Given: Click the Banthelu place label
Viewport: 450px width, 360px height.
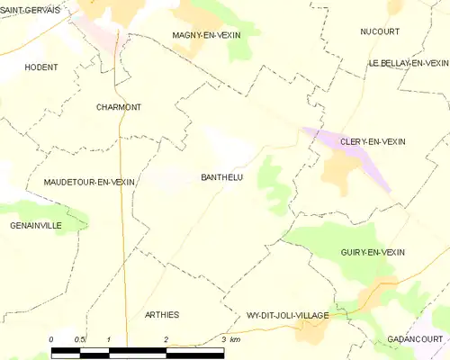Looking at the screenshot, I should click(x=219, y=177).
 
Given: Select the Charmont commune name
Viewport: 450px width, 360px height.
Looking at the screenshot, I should click(x=119, y=107).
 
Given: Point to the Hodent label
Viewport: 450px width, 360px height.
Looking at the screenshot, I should click(x=41, y=67).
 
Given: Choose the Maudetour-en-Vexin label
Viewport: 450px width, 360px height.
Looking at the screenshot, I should click(x=89, y=182).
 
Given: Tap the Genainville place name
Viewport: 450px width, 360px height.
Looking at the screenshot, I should click(x=36, y=225).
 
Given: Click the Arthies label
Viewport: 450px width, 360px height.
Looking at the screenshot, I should click(x=162, y=314).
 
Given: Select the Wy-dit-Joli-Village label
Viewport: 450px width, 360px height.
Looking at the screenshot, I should click(x=287, y=316).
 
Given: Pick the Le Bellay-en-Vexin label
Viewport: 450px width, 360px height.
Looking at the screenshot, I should click(x=408, y=63).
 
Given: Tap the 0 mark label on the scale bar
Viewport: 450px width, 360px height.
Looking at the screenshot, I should click(x=51, y=339).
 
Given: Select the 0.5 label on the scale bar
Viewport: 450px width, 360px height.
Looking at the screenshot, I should click(x=79, y=339).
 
